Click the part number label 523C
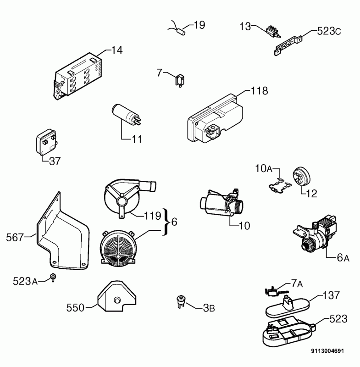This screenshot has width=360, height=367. pyautogui.click(x=329, y=31)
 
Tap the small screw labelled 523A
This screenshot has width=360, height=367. pyautogui.click(x=53, y=277)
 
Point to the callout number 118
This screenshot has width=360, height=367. pyautogui.click(x=259, y=91)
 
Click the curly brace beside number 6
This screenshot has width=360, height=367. pyautogui.click(x=165, y=222)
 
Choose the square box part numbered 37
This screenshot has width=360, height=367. pyautogui.click(x=47, y=142)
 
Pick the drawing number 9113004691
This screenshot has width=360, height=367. pyautogui.click(x=327, y=351)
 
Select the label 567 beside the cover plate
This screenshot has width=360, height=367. pyautogui.click(x=15, y=237)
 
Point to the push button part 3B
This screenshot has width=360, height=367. pyautogui.click(x=181, y=302)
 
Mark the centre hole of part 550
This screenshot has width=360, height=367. pyautogui.click(x=117, y=300)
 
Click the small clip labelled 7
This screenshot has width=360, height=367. pyautogui.click(x=180, y=80)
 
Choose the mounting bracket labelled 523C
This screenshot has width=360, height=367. pyautogui.click(x=288, y=44)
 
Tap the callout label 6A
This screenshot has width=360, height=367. pyautogui.click(x=343, y=257)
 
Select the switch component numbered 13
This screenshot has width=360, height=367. pyautogui.click(x=273, y=32)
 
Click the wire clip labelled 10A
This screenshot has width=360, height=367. pyautogui.click(x=280, y=185)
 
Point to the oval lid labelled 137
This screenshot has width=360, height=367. pyautogui.click(x=288, y=307)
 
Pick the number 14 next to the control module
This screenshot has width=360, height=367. pyautogui.click(x=117, y=50)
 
